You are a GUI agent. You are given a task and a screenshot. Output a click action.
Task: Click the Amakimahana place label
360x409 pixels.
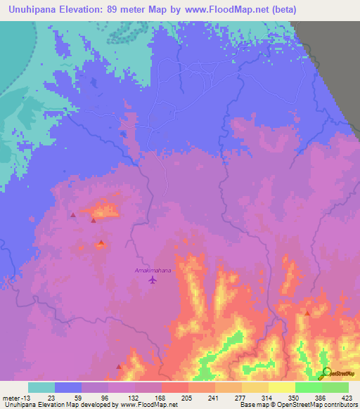153,270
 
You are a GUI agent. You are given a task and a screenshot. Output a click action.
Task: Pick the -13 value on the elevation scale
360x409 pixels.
25,397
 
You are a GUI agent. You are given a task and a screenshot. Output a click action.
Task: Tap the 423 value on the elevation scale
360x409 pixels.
349,397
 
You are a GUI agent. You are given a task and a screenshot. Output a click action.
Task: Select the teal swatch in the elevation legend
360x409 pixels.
41,387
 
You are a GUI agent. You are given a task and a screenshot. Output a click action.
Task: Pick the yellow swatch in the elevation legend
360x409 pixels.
282,387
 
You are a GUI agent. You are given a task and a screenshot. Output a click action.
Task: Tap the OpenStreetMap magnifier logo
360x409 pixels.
326,372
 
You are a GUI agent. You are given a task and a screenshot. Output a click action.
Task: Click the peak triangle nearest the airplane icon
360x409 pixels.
101,243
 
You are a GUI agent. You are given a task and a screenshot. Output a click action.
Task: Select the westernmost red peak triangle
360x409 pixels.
73,215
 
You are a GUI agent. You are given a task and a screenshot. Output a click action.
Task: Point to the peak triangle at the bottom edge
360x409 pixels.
119,366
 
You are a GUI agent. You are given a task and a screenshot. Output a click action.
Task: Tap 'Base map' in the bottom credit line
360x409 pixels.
252,405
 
